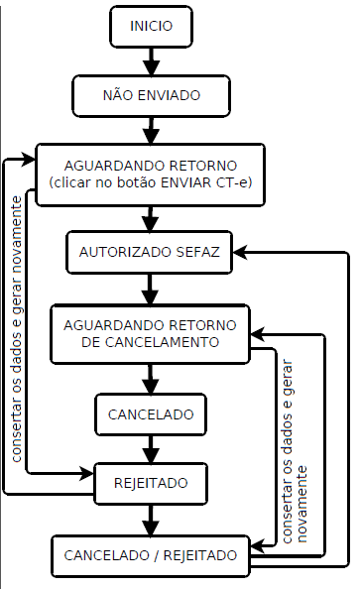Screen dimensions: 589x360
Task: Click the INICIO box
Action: pos(151,27)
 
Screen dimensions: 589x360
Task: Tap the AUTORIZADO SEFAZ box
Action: pos(150,253)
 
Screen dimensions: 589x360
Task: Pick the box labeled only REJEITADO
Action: pos(151,483)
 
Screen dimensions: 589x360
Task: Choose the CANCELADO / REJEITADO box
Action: pos(151,554)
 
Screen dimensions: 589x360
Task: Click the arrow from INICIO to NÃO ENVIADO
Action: pos(151,60)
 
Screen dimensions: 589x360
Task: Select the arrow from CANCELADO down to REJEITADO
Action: pos(151,448)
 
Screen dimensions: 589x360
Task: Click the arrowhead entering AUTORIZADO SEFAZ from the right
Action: pos(241,253)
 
